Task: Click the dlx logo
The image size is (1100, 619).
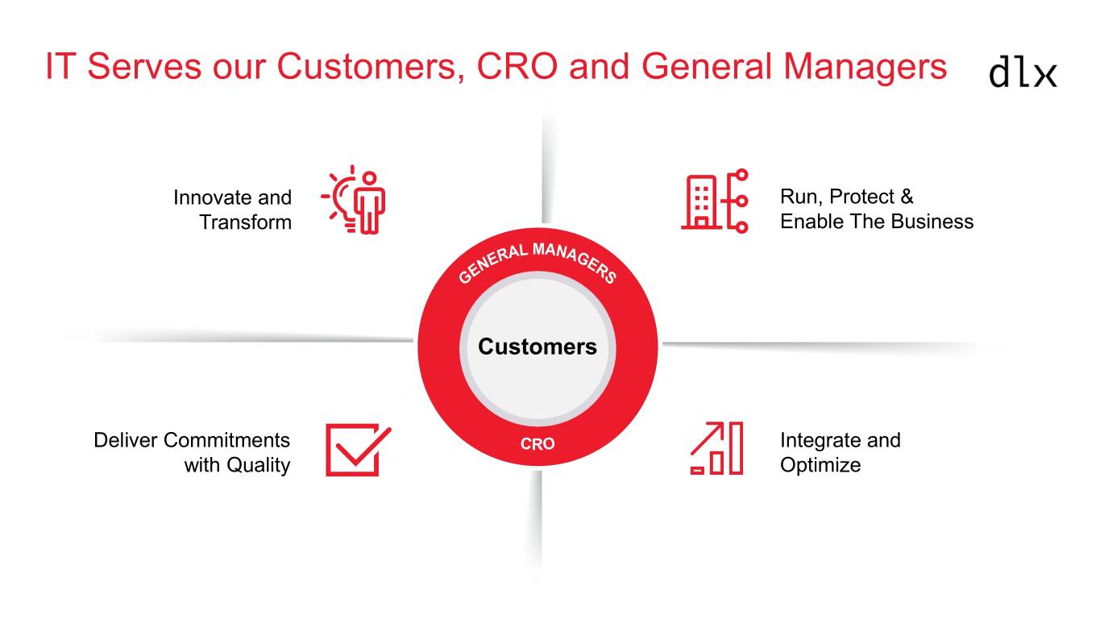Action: click(x=1023, y=73)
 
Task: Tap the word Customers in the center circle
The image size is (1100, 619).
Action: click(x=538, y=347)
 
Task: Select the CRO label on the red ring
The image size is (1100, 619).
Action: click(x=538, y=444)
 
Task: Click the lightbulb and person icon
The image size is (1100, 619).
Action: click(x=354, y=199)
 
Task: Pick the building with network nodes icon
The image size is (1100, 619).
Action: click(x=715, y=201)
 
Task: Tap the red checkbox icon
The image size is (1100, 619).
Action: click(x=358, y=450)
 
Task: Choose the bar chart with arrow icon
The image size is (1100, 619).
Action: click(x=716, y=448)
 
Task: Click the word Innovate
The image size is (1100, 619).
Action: click(x=213, y=197)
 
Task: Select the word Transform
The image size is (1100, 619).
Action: click(x=245, y=222)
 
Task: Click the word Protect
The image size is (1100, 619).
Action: click(x=861, y=197)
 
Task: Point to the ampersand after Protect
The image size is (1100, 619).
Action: click(x=907, y=197)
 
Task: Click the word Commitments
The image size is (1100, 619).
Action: click(x=226, y=440)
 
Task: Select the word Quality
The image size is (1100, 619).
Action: click(x=258, y=465)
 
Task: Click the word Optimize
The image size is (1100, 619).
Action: click(x=820, y=465)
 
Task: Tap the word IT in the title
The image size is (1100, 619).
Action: click(x=60, y=66)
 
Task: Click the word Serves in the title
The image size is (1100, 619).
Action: click(x=144, y=66)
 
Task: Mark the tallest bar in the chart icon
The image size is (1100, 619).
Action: click(x=736, y=447)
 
